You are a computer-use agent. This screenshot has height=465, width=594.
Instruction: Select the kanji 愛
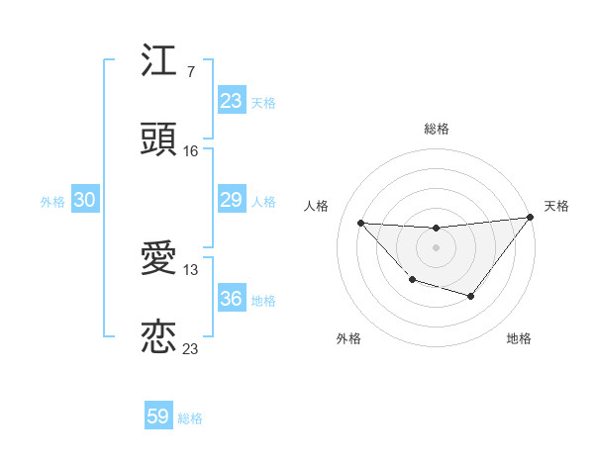coord(158,259)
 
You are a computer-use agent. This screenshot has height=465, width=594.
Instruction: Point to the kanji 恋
coord(158,336)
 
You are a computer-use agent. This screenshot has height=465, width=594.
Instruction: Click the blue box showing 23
coord(231,100)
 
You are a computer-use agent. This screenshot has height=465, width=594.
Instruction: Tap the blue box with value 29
coord(231,200)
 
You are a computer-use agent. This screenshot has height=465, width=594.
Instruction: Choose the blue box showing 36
coord(231,299)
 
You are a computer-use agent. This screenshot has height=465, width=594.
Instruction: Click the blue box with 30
coord(85,200)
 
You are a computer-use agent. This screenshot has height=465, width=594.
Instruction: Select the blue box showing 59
coord(158,417)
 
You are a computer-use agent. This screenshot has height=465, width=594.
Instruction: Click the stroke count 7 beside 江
coord(190,71)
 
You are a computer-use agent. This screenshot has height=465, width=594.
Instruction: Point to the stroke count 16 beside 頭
coord(191,150)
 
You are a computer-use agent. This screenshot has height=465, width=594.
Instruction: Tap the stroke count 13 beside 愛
coord(191,269)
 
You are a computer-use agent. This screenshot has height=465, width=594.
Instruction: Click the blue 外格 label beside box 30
coord(52,202)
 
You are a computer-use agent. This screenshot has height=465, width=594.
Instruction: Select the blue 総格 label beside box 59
coord(190,418)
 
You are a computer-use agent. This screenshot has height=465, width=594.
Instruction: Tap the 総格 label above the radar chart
coord(436,129)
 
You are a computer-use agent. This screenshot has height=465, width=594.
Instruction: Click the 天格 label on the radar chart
coord(556,206)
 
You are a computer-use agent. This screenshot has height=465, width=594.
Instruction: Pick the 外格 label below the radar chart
coord(348,338)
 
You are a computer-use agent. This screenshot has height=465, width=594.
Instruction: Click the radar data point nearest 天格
coord(531,218)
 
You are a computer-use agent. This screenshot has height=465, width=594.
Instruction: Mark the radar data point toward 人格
coord(361,223)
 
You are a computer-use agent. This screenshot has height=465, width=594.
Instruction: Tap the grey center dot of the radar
coord(436,247)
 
